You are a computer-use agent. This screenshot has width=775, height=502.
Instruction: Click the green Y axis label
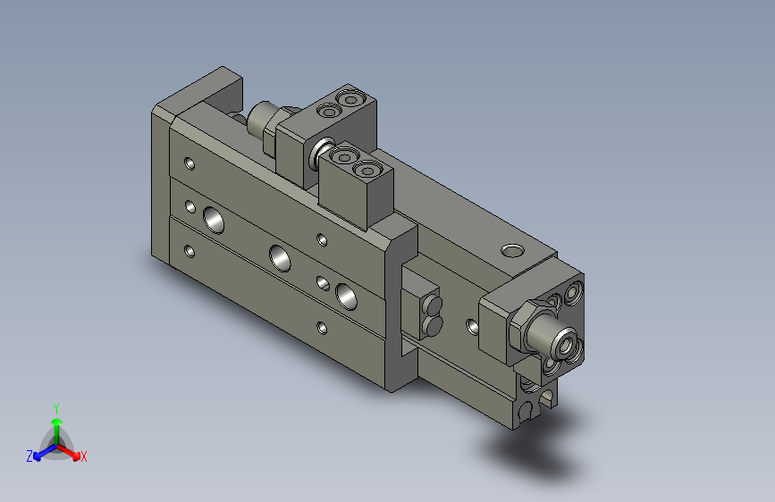tap(56, 407)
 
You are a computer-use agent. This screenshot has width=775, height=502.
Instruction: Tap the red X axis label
tap(83, 456)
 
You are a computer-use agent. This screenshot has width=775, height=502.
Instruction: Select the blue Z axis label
tap(29, 456)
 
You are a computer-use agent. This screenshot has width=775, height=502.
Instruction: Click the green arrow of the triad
tap(56, 423)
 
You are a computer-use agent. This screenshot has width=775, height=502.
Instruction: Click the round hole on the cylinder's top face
tap(511, 249)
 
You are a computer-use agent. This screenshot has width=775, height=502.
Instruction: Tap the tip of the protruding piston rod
tap(564, 340)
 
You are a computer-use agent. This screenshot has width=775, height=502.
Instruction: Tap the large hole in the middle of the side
tap(280, 257)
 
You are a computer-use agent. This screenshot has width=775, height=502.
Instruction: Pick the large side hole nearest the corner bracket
tap(345, 292)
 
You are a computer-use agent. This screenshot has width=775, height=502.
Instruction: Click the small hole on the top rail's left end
tap(189, 163)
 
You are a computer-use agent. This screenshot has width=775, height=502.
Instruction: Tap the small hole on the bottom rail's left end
tap(189, 251)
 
